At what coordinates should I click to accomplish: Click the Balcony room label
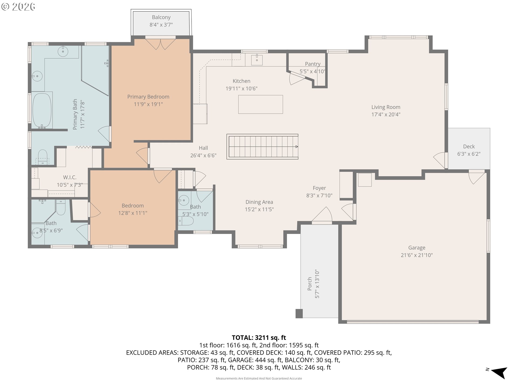161,17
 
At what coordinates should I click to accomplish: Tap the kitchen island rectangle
261,104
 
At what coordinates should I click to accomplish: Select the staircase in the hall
262,147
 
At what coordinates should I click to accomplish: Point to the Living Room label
386,107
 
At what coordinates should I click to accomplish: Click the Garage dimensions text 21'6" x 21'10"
417,255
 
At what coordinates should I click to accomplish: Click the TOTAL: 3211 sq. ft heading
259,338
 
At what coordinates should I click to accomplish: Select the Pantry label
313,64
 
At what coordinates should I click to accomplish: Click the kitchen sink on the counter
257,60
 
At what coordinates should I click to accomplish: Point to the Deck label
469,146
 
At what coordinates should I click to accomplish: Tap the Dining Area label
259,202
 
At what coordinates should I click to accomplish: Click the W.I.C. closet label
70,177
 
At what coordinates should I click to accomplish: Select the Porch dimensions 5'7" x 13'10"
317,284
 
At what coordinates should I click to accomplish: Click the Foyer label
319,188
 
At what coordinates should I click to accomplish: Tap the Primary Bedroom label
148,97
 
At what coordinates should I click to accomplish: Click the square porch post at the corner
299,314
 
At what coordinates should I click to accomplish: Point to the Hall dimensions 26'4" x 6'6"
203,155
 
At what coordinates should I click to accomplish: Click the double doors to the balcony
161,44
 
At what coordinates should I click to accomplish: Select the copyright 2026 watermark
18,6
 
